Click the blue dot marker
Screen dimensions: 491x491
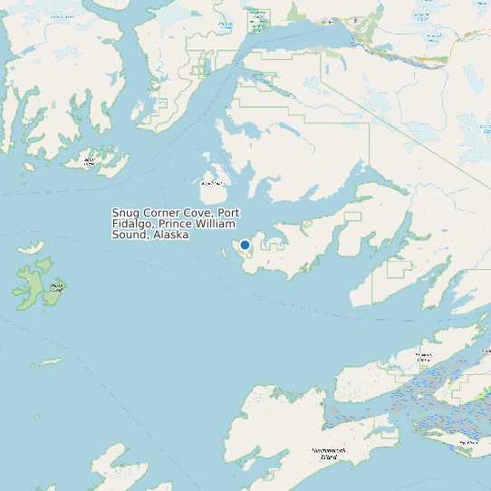coord(245,245)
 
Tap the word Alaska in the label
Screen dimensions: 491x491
coord(171,235)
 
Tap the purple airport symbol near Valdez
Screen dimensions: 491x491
coord(356,19)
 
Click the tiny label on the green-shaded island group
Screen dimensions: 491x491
coord(56,287)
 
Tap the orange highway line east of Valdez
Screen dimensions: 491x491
coord(426,61)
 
